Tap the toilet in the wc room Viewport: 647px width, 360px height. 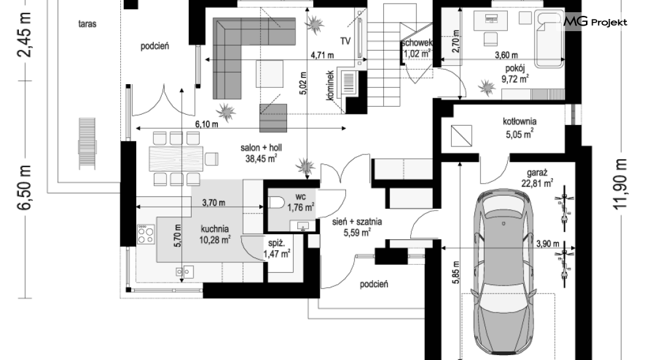[x=277, y=203]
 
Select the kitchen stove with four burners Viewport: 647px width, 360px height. [x=146, y=234]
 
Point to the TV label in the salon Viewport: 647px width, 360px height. [x=345, y=41]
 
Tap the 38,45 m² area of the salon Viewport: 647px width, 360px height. [x=261, y=158]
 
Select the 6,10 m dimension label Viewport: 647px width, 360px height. [x=206, y=124]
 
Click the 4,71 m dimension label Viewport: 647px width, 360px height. [x=322, y=55]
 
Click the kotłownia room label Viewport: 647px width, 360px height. [x=519, y=121]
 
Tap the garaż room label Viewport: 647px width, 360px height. [x=537, y=173]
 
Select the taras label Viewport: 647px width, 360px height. [x=87, y=24]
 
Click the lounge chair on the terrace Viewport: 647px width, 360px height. [x=87, y=143]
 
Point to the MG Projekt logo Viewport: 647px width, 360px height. [x=595, y=21]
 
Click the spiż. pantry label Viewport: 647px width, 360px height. [x=277, y=243]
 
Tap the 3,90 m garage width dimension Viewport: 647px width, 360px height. [x=548, y=243]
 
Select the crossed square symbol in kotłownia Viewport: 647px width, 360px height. [x=461, y=135]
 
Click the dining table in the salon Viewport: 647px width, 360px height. [x=176, y=159]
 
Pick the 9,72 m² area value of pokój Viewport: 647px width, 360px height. [x=515, y=78]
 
